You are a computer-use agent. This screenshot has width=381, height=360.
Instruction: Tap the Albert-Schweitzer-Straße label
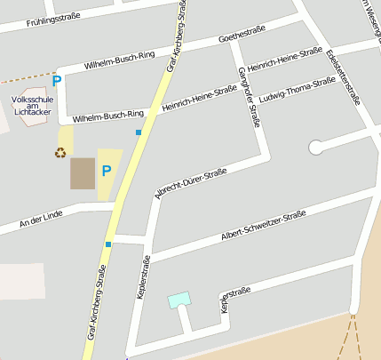click(264, 226)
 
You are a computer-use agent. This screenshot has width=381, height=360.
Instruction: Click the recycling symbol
click(60, 152)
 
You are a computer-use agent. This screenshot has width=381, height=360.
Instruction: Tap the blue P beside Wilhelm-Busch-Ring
click(57, 81)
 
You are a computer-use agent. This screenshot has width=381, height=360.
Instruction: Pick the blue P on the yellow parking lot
click(107, 171)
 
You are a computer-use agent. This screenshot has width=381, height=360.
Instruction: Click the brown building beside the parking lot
click(83, 173)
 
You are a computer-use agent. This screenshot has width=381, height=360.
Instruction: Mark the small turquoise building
click(179, 300)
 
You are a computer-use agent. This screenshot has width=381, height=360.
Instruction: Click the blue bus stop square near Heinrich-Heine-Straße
click(139, 132)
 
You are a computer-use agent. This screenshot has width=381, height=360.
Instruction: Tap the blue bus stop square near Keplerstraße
click(108, 243)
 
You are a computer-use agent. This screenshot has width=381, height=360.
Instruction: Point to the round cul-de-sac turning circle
click(315, 148)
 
